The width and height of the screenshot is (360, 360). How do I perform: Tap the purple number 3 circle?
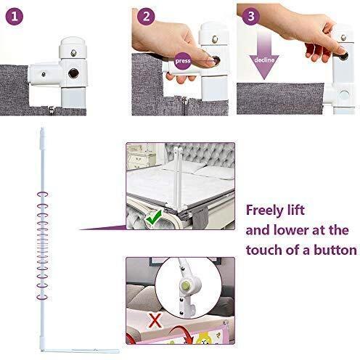[250, 16]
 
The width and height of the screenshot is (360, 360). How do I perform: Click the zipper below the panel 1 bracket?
[52, 110]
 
